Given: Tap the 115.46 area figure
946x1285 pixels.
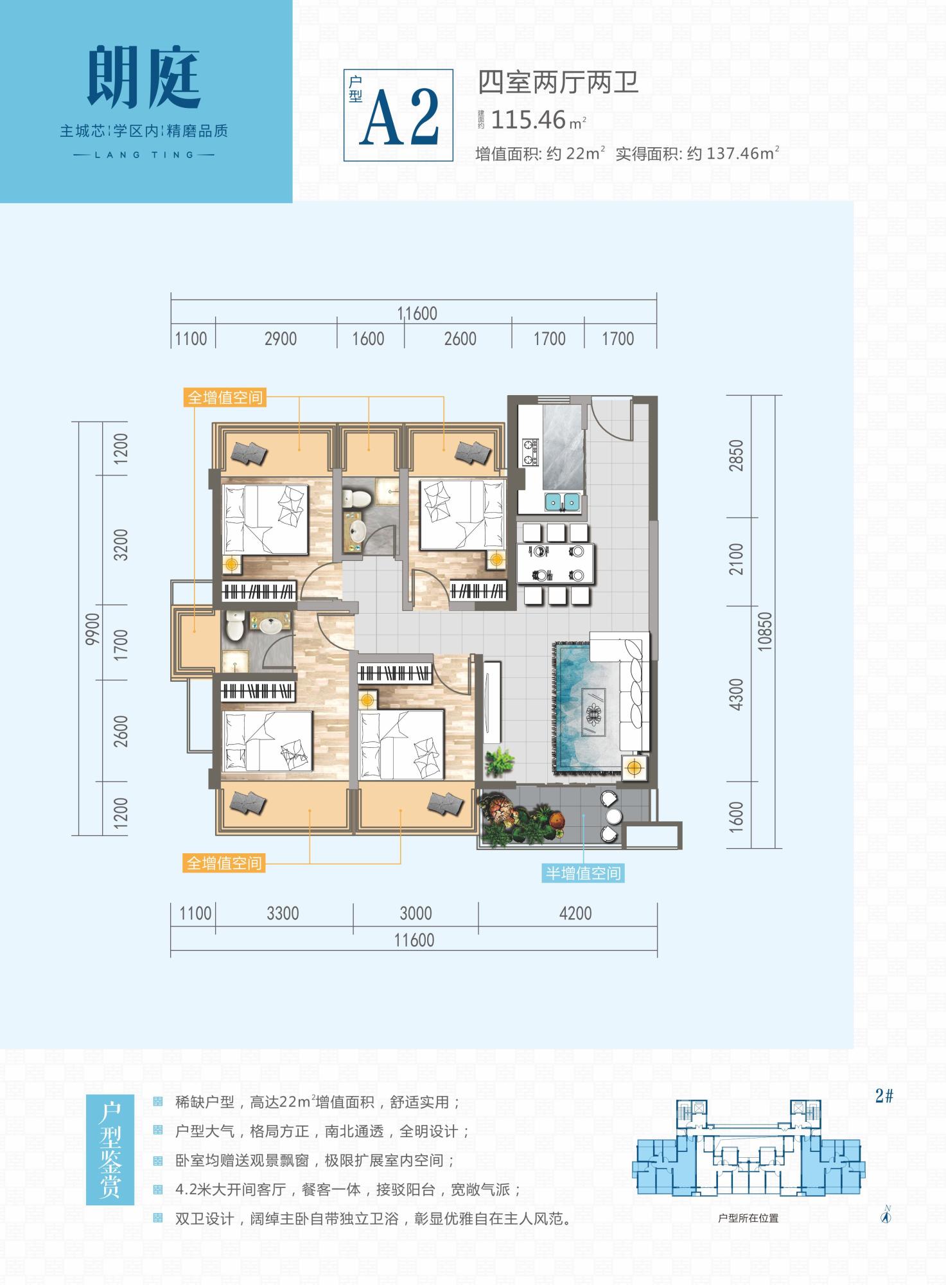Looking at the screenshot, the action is click(529, 120).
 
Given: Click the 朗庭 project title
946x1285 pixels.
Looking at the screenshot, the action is click(144, 78).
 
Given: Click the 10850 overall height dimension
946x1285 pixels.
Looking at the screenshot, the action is click(764, 631).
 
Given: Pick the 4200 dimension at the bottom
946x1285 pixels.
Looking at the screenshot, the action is click(575, 913).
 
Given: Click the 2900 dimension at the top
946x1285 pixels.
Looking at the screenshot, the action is click(281, 339).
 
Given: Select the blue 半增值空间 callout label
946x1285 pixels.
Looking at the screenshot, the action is click(583, 873).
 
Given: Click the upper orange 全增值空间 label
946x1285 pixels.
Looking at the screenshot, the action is click(225, 398).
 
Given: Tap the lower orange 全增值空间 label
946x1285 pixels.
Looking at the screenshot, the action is click(225, 863).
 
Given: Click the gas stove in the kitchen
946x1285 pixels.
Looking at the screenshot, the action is click(530, 451).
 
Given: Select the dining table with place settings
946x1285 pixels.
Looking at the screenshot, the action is click(556, 563).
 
